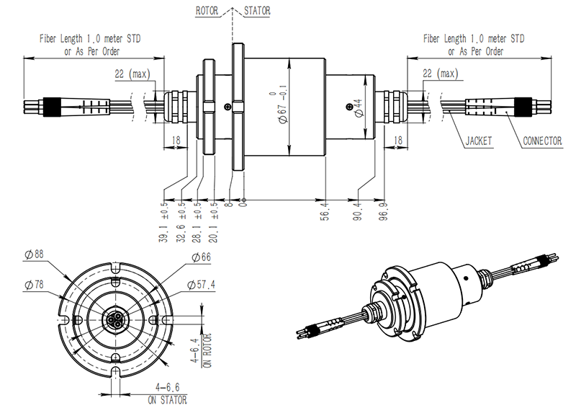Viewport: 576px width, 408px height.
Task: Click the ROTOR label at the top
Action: tap(209, 12)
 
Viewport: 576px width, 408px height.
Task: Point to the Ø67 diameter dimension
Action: tap(282, 108)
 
